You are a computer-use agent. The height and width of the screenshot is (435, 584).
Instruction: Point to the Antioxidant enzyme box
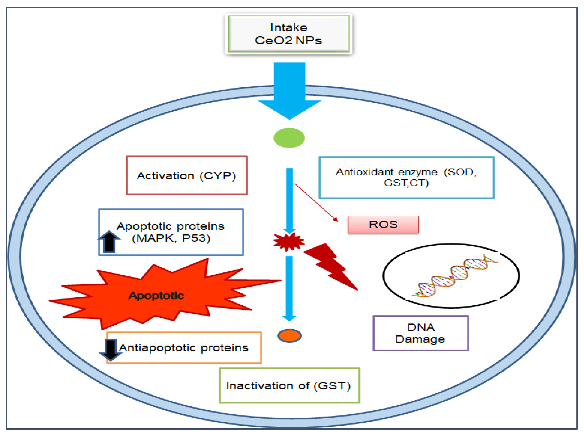[406, 177]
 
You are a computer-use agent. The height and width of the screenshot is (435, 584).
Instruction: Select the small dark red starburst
[289, 242]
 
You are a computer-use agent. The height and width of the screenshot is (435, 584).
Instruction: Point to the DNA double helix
[455, 275]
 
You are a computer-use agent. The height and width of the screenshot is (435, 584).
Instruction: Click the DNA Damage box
[420, 333]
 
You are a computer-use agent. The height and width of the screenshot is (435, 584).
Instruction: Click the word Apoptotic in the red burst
[156, 295]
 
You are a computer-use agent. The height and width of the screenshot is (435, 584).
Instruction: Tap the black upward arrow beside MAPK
[109, 242]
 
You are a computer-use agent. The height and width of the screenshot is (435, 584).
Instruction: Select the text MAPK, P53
[171, 238]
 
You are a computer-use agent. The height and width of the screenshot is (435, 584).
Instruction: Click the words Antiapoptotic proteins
[184, 348]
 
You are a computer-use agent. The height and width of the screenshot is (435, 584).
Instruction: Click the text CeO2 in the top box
[273, 40]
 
